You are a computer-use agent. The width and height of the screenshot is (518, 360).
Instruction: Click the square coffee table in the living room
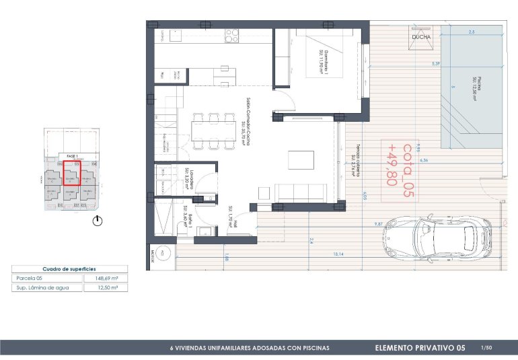point(301,160)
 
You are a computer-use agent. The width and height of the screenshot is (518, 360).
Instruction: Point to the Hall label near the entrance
point(229,215)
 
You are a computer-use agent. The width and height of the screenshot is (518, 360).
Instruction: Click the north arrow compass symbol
point(98,220)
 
